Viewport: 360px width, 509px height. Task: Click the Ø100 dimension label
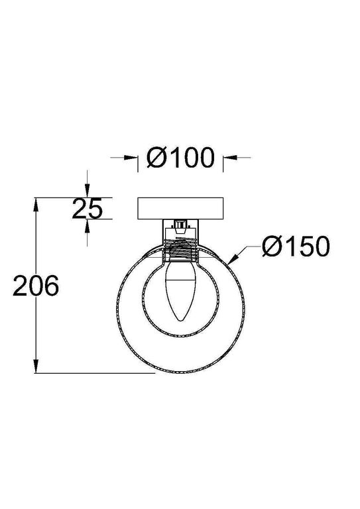pyautogui.click(x=180, y=157)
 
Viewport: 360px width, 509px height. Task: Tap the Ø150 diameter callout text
pyautogui.click(x=295, y=247)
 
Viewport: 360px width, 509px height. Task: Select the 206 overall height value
pyautogui.click(x=37, y=286)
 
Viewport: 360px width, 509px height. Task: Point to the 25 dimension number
pyautogui.click(x=87, y=209)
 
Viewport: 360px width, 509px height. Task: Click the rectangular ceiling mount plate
pyautogui.click(x=180, y=208)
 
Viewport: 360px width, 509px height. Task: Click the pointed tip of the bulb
pyautogui.click(x=180, y=321)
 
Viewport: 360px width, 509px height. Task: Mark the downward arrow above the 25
pyautogui.click(x=88, y=192)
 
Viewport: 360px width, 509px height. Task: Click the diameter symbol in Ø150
pyautogui.click(x=272, y=247)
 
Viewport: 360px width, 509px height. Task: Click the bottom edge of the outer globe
pyautogui.click(x=180, y=372)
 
